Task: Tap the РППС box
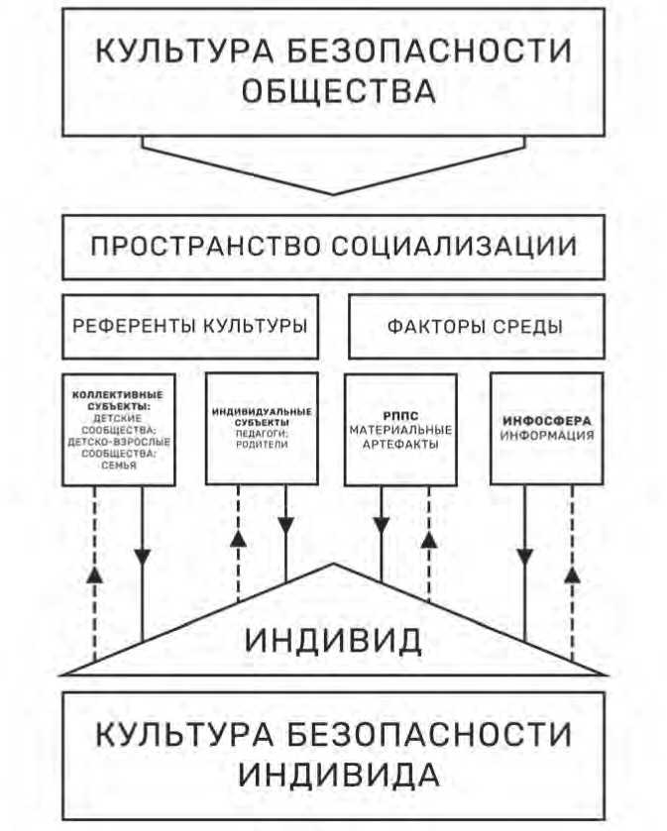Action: [x=400, y=428]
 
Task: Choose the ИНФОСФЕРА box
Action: [x=547, y=428]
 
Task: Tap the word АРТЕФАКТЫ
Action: [x=400, y=443]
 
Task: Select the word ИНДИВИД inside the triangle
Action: [x=333, y=640]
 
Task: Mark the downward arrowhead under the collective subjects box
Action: [x=143, y=553]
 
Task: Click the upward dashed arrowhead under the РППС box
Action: [x=429, y=542]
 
